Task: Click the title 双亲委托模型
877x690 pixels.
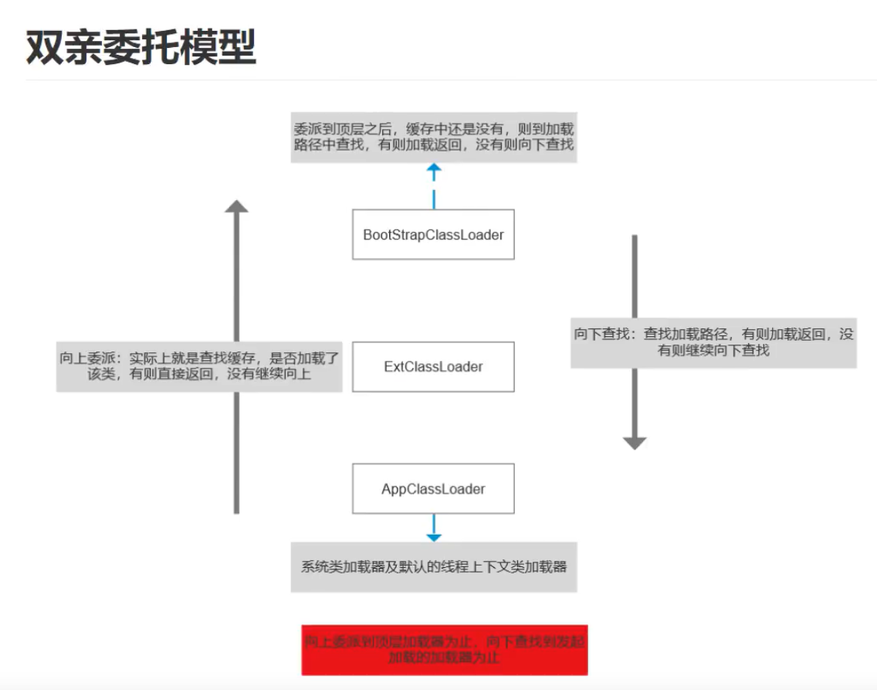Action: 141,49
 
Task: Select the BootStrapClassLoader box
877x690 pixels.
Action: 433,234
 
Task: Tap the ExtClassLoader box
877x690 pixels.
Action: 433,366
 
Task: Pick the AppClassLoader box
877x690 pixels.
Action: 433,488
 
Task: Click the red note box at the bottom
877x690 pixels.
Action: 444,650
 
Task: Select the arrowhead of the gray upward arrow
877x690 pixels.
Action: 236,206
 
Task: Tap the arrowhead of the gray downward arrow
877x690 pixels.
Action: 635,443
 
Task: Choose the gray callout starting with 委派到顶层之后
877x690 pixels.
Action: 433,136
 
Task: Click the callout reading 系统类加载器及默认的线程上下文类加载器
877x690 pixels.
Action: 433,566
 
